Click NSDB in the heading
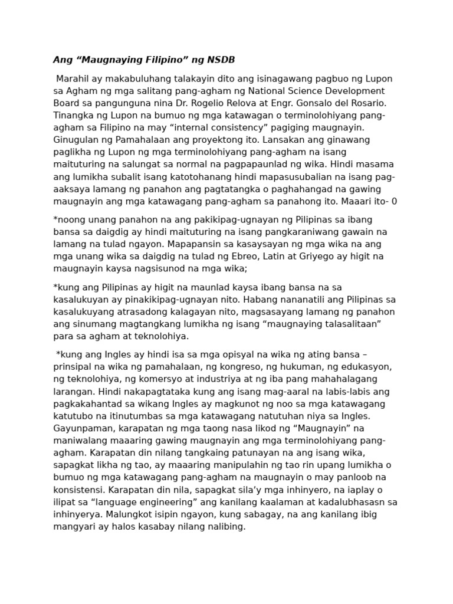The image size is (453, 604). point(221,60)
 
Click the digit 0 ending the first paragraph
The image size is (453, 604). point(394,201)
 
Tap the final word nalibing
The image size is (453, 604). point(224,527)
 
